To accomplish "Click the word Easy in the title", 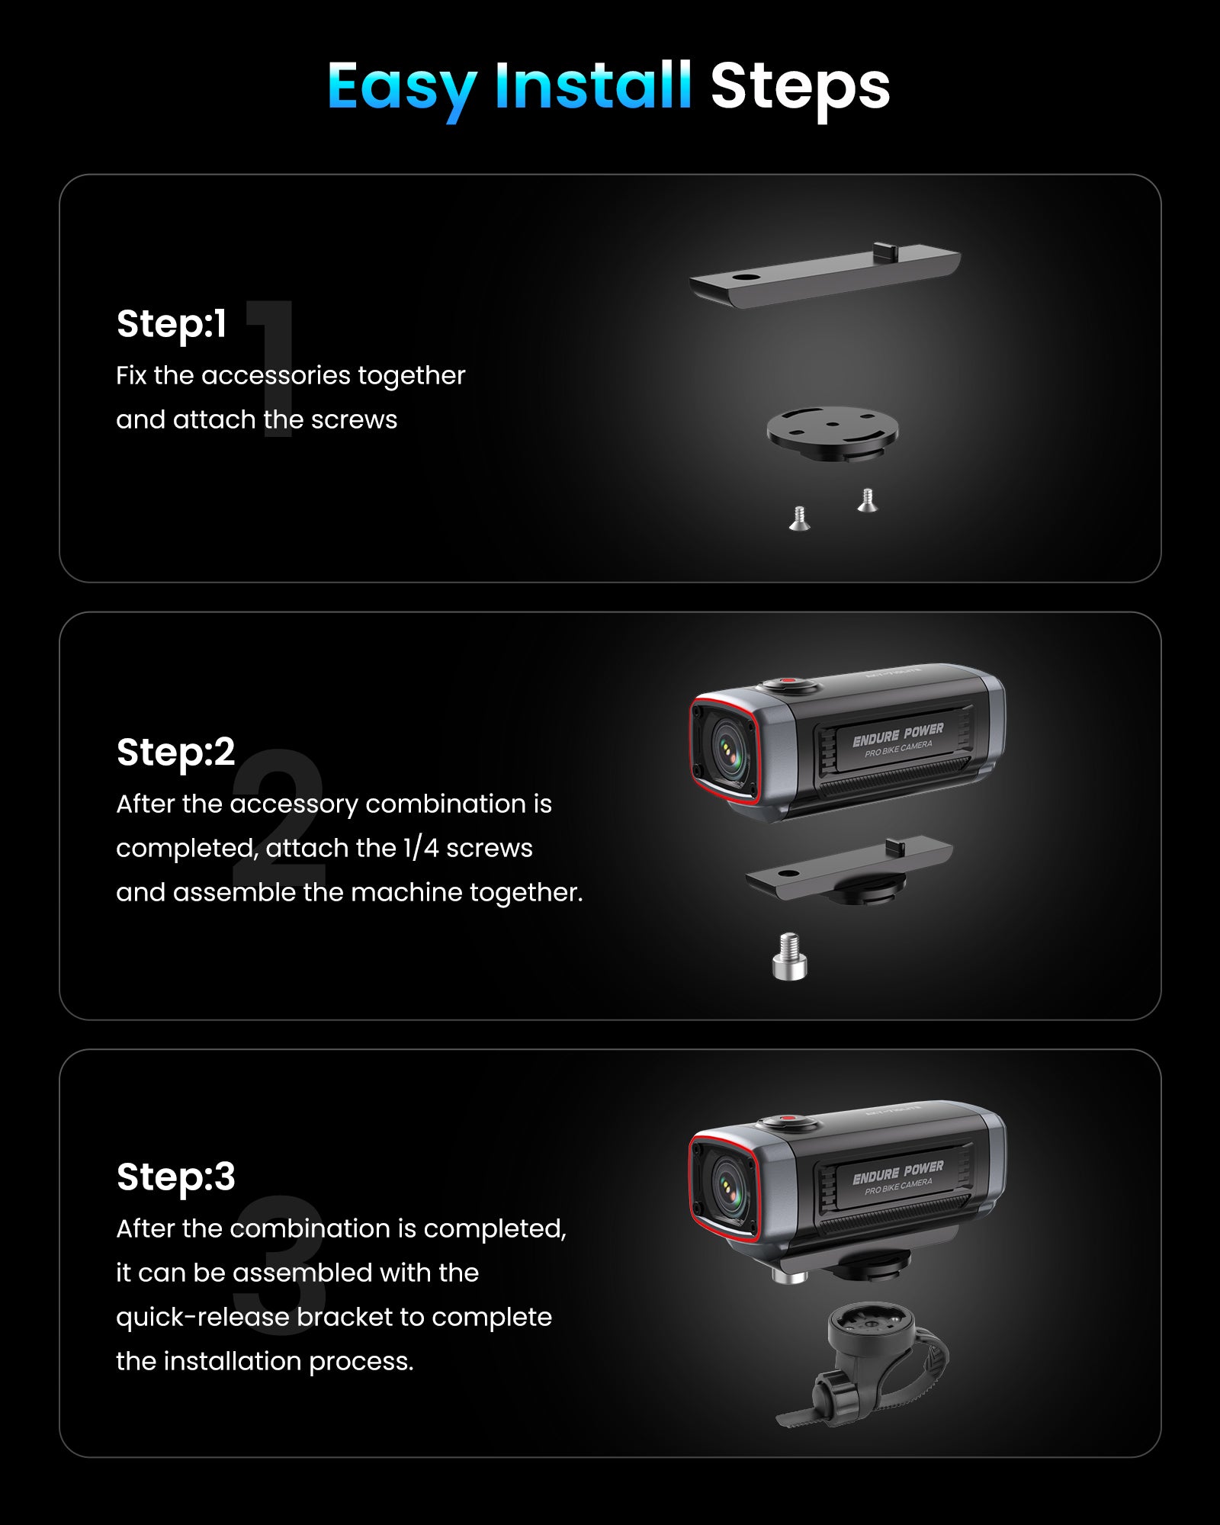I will pyautogui.click(x=402, y=87).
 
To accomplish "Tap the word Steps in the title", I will pyautogui.click(x=800, y=87).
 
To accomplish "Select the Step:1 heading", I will pyautogui.click(x=172, y=324).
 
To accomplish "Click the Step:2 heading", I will pyautogui.click(x=175, y=753).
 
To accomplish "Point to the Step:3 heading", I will pyautogui.click(x=175, y=1177).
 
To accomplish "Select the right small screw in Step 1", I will pyautogui.click(x=867, y=500).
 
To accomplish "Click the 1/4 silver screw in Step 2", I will pyautogui.click(x=789, y=957).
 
